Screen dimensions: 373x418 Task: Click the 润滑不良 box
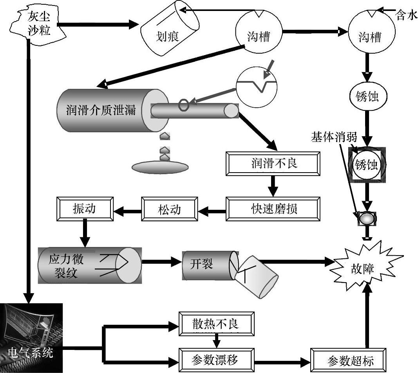[x=273, y=163]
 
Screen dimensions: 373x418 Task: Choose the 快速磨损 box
[x=273, y=209]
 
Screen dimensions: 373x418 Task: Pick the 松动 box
[x=169, y=209]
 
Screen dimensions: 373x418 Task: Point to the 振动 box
[x=85, y=209]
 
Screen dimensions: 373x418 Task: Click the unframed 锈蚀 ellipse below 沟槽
[x=367, y=96]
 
